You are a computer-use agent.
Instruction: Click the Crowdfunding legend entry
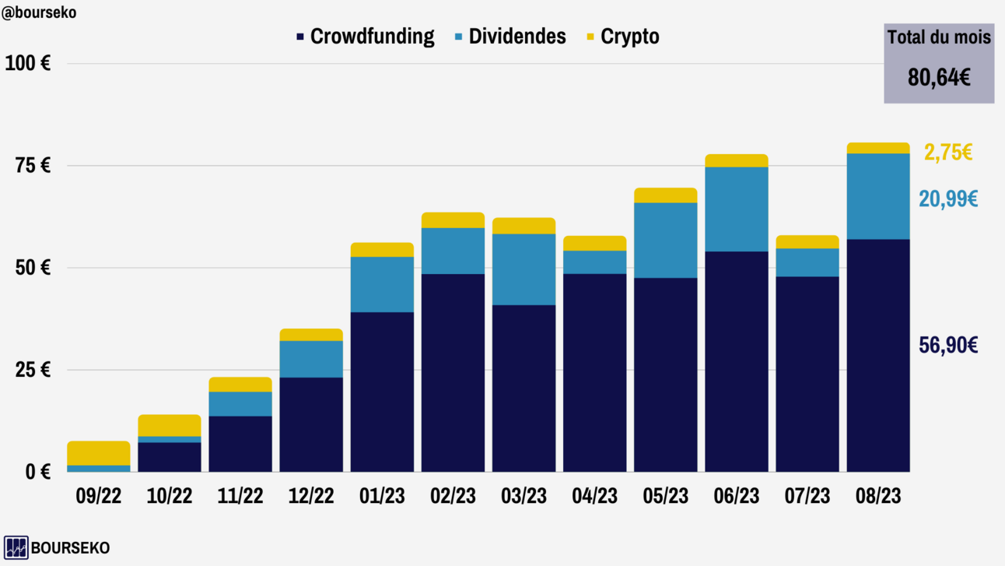tap(365, 37)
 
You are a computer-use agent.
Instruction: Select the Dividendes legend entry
tap(510, 37)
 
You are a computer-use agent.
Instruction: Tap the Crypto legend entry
tap(622, 37)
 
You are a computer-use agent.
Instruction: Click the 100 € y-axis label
tap(28, 64)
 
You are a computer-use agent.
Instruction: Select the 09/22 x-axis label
tap(99, 496)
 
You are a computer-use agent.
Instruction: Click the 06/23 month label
tap(737, 496)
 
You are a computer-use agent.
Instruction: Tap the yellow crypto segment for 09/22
tap(99, 453)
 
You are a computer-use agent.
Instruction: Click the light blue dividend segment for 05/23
tap(666, 240)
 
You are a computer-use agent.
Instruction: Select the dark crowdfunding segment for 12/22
tap(311, 424)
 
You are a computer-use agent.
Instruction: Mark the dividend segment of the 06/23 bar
tap(737, 209)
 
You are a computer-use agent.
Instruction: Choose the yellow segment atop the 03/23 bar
tap(524, 226)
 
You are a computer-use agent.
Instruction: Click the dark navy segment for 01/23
tap(382, 392)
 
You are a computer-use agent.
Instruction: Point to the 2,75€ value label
tap(947, 152)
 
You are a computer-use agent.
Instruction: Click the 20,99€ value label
tap(948, 199)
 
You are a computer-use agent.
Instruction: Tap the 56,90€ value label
tap(948, 346)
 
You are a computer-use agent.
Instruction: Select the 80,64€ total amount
tap(939, 77)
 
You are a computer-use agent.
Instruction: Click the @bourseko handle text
tap(39, 12)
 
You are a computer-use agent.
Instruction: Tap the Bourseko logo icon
tap(16, 547)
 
